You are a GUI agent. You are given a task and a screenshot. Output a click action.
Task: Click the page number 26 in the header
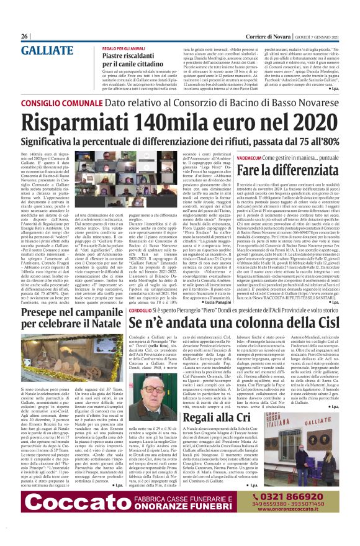tap(25, 37)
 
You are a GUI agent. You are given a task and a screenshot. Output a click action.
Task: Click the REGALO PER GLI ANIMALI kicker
tap(124, 47)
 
